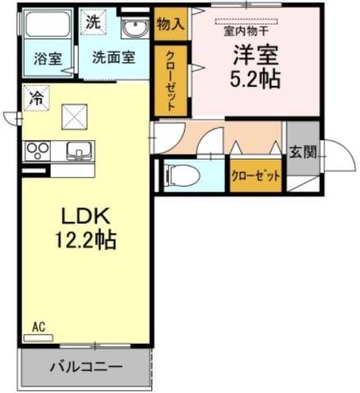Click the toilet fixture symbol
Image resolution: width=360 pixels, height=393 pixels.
click(182, 175)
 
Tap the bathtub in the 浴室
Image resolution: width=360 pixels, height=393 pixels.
click(47, 24)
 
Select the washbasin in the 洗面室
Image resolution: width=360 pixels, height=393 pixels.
click(135, 27)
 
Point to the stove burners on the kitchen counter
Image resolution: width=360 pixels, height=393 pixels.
click(38, 151)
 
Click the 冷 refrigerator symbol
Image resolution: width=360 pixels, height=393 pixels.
click(36, 98)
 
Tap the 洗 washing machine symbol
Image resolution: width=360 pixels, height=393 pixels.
click(93, 22)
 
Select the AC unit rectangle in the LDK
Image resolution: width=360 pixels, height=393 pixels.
click(38, 338)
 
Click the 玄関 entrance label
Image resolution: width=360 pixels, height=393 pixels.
click(303, 151)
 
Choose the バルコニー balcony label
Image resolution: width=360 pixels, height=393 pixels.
click(86, 367)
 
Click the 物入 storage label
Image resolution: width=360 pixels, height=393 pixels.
click(170, 24)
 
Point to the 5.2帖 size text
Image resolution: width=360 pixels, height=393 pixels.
click(255, 79)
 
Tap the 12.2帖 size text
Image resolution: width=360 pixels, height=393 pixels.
click(86, 240)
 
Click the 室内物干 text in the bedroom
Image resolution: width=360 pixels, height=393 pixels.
click(246, 31)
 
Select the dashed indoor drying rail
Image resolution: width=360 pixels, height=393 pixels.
click(246, 21)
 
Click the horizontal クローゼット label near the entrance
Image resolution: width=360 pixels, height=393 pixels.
click(255, 176)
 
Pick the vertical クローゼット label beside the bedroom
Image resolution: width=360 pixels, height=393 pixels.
click(171, 81)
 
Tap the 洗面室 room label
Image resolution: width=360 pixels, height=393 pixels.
click(114, 57)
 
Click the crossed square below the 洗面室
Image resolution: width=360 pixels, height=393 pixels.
click(74, 117)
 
